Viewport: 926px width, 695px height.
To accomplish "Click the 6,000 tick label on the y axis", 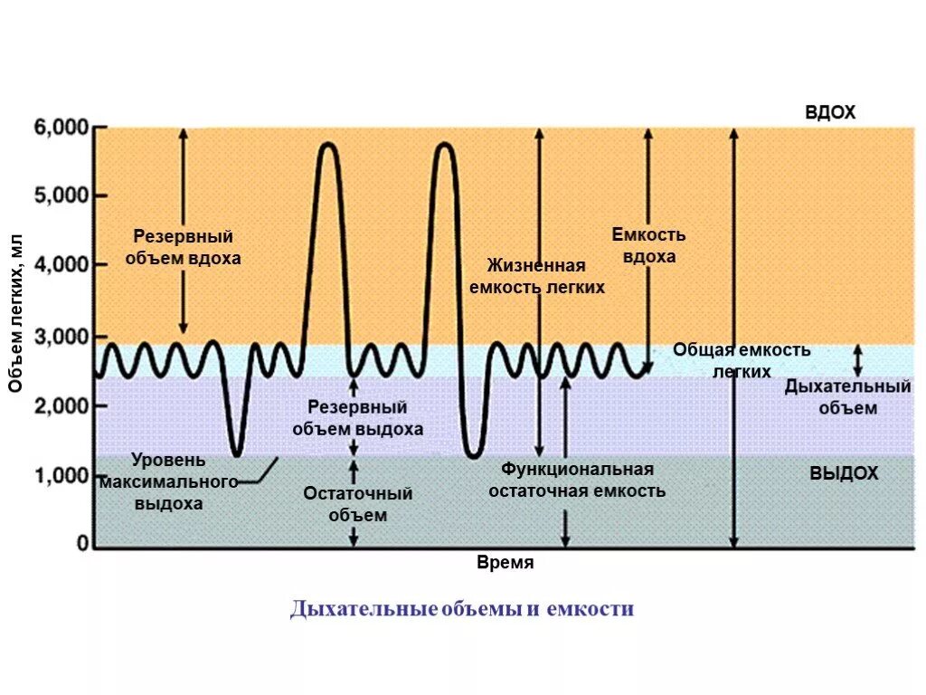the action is (61, 128).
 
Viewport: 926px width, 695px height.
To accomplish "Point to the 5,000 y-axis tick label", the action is (61, 195).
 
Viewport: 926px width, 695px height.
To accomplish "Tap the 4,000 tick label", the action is (61, 265).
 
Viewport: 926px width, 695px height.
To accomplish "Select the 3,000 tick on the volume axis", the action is (61, 337).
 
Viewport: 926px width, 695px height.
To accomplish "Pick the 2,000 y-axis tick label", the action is (61, 406).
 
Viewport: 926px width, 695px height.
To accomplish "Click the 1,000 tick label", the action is (61, 476).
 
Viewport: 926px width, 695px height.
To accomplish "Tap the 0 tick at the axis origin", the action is (82, 544).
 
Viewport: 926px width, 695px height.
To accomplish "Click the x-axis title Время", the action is (505, 563).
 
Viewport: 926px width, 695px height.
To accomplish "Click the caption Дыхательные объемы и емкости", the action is (462, 609).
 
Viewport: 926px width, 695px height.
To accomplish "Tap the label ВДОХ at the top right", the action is (829, 112).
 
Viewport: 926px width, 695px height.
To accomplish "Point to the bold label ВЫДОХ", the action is (843, 473).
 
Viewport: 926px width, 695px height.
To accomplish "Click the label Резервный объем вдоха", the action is (184, 247).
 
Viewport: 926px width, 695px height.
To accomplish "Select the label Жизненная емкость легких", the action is (536, 277).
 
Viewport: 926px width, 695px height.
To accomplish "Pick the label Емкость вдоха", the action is (648, 245).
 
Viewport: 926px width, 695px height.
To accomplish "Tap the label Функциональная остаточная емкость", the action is (577, 481).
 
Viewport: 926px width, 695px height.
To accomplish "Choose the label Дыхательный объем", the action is (847, 397).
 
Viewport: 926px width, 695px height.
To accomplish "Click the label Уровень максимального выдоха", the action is (169, 481).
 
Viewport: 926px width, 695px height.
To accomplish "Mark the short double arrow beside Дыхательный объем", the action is (858, 360).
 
